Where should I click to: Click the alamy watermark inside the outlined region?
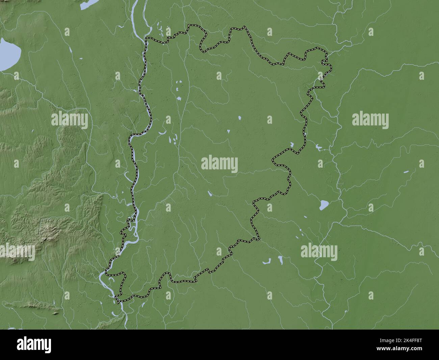[x=219, y=165]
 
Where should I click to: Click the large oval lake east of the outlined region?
[x=324, y=205]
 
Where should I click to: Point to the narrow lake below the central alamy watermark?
[x=210, y=194]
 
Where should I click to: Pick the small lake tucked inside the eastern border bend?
[x=291, y=146]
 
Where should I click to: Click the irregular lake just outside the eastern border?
[x=318, y=148]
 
